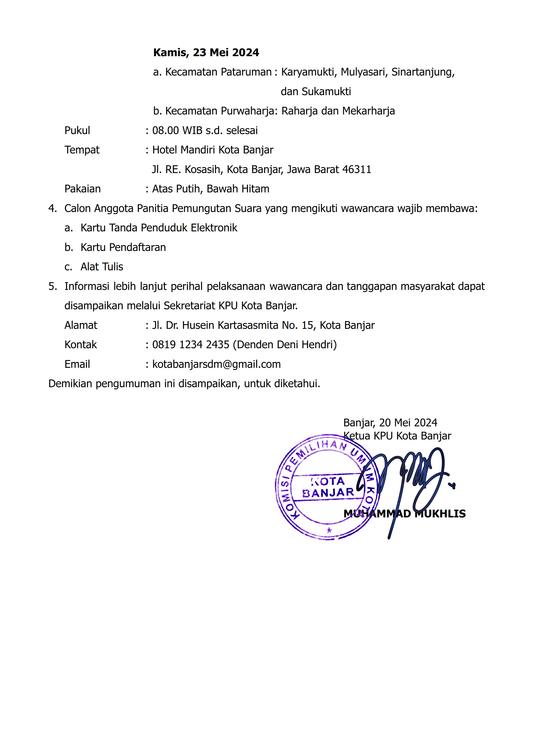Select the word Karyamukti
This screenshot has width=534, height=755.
pos(308,72)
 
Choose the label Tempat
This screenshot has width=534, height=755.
pos(82,150)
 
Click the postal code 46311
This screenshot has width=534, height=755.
pos(357,169)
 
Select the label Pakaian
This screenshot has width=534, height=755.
pos(83,189)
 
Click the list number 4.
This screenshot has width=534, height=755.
pos(52,209)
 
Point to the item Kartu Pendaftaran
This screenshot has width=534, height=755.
pos(123,247)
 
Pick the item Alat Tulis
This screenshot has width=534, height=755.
pos(102,267)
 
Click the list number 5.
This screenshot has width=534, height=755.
pos(52,286)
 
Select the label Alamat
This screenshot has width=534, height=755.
pos(81,325)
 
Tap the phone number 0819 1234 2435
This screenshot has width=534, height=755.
pos(191,345)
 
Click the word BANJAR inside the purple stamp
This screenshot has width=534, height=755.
pos(328,493)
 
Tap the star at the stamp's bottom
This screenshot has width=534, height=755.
pos(329,530)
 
